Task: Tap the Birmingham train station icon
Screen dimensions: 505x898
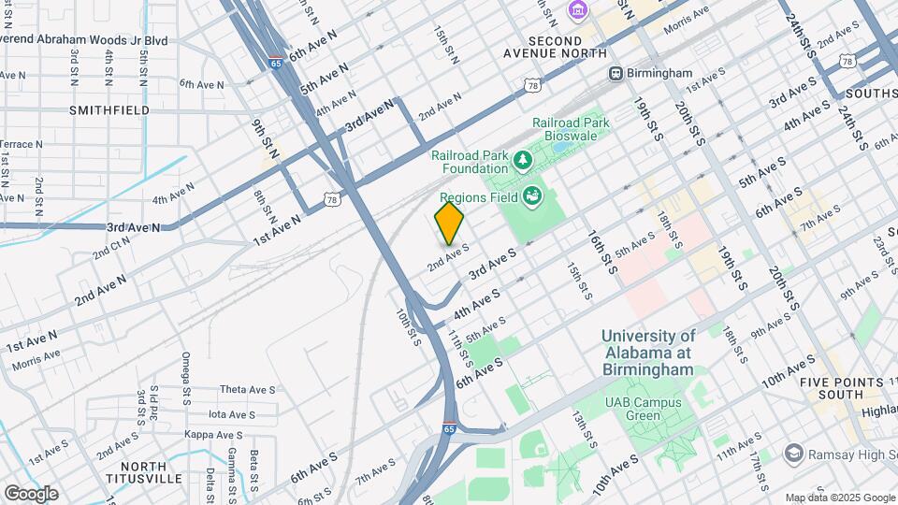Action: point(616,73)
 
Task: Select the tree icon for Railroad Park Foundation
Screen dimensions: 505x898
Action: point(522,162)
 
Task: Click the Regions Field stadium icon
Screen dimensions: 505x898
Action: point(532,196)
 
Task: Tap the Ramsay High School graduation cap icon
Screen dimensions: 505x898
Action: point(794,454)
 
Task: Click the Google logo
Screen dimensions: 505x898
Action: point(31,493)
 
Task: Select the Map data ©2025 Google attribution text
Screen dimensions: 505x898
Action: point(838,498)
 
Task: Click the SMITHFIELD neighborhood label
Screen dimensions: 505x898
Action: point(109,109)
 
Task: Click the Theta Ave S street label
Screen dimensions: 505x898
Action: point(247,389)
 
